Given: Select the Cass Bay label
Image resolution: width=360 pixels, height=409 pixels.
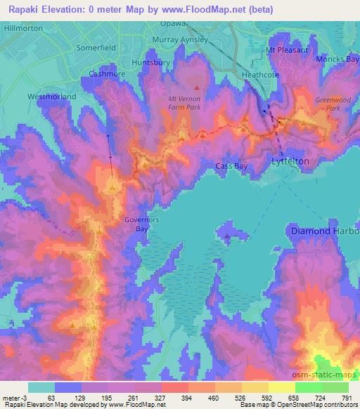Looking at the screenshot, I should click(x=231, y=166).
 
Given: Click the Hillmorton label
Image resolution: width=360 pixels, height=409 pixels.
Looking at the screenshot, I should click(x=22, y=28).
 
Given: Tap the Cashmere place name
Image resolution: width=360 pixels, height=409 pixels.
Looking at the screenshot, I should click(x=106, y=73).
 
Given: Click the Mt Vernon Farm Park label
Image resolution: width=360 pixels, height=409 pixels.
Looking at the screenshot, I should click(x=186, y=104).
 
